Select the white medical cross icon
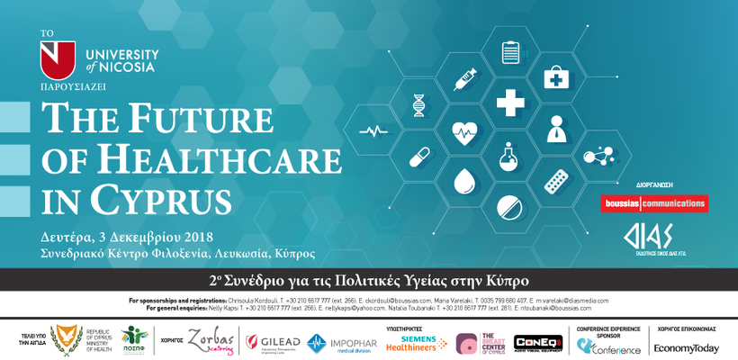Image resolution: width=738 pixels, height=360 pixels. point(510,103)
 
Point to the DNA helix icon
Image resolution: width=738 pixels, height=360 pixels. point(418,104)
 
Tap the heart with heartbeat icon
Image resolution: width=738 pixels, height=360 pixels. point(464,133)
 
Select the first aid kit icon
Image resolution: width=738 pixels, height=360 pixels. point(556,78)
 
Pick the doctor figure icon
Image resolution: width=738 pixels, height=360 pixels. point(556,130)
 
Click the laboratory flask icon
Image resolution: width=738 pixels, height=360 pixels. point(510,157)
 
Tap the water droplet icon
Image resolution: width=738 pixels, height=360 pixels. point(464,183)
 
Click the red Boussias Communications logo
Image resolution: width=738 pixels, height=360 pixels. point(654,203)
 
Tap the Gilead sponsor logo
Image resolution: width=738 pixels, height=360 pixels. point(271,342)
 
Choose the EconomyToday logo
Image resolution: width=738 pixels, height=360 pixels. point(687,347)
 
